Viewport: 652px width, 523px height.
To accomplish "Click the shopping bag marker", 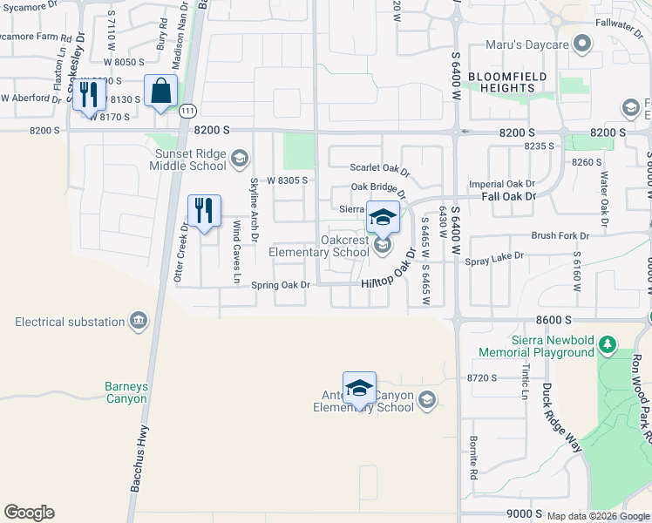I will point(162,92).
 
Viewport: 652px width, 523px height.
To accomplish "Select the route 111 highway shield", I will point(187,111).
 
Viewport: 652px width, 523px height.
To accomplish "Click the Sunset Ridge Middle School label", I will point(187,160).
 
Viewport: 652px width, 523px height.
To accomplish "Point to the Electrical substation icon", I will point(139,322).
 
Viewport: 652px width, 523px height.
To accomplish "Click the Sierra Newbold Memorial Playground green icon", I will point(608,346).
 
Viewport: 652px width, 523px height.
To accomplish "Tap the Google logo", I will point(29,513).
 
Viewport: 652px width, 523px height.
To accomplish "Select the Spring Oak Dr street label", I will point(281,285).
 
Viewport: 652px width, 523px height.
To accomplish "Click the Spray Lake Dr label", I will point(494,256).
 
